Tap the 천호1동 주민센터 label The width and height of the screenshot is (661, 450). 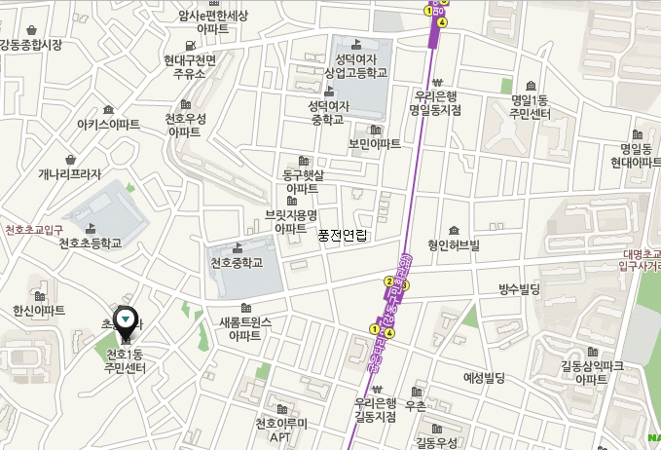[x=125, y=360]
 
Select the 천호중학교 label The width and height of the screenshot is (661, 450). [x=238, y=263]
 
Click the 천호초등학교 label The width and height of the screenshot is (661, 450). [x=90, y=244]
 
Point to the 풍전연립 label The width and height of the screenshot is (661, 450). [x=343, y=235]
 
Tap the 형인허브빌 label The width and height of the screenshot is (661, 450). [x=454, y=245]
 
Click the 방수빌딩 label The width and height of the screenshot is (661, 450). [x=519, y=289]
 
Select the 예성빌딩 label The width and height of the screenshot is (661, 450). [x=484, y=377]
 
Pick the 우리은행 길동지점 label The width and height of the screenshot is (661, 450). [x=375, y=409]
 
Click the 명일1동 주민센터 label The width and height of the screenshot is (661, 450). [x=531, y=107]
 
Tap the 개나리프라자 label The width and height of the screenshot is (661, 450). [x=70, y=174]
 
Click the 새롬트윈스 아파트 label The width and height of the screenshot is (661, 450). [x=245, y=328]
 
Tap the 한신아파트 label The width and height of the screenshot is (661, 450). [x=39, y=310]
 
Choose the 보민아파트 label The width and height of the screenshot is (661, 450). [x=375, y=144]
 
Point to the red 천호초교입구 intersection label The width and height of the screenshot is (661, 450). [x=34, y=230]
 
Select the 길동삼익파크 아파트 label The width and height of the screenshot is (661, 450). [x=591, y=372]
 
